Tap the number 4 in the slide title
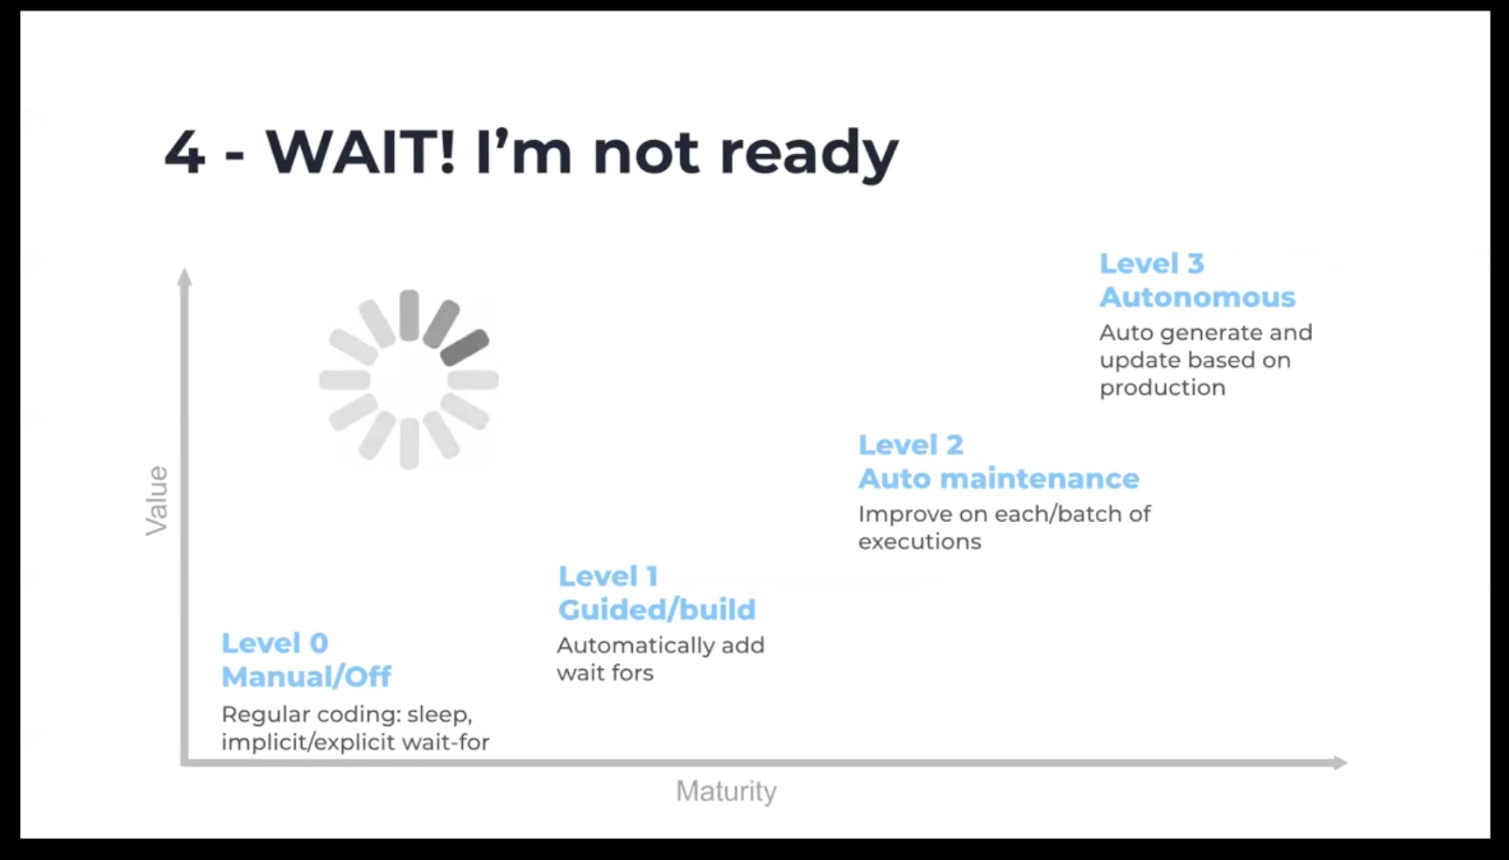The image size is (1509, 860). [x=185, y=152]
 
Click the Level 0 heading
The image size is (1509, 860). [x=275, y=643]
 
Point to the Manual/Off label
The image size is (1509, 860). [x=306, y=676]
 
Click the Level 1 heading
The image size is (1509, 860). [x=608, y=576]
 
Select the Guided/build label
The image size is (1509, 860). [x=656, y=610]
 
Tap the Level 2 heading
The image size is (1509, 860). [x=910, y=445]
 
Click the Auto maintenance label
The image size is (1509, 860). [x=999, y=478]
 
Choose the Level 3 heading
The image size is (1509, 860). [x=1152, y=264]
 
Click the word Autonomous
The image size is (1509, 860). [x=1197, y=297]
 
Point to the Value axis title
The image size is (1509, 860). [x=157, y=500]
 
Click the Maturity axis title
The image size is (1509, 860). [x=726, y=792]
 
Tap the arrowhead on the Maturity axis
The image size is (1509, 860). [x=1341, y=763]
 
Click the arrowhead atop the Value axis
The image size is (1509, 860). [x=185, y=277]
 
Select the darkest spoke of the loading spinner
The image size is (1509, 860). [x=465, y=348]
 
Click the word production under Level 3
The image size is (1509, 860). [x=1162, y=388]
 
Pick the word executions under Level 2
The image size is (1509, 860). [x=919, y=541]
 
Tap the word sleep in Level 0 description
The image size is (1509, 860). [x=439, y=715]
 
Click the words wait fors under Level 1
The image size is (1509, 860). [x=605, y=673]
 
